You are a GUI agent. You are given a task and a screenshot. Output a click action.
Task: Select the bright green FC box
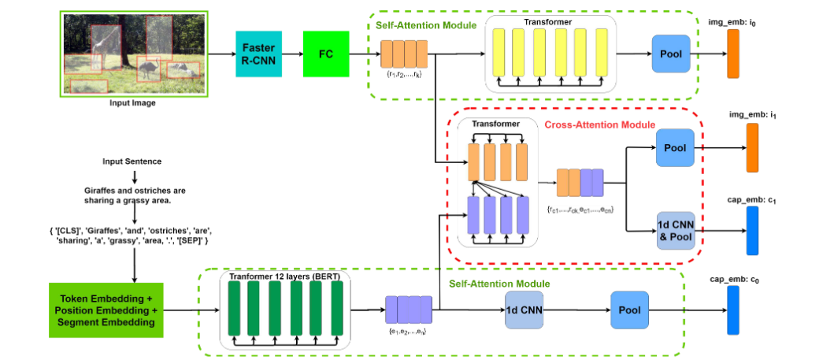pyautogui.click(x=325, y=54)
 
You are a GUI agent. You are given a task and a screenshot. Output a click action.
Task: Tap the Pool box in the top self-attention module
pyautogui.click(x=671, y=54)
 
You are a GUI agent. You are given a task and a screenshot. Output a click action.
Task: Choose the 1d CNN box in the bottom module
pyautogui.click(x=524, y=310)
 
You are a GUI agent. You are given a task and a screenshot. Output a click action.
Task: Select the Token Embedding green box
pyautogui.click(x=106, y=310)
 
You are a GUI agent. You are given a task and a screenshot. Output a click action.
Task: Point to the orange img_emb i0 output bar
pyautogui.click(x=732, y=54)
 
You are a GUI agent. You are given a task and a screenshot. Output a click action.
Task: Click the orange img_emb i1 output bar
pyautogui.click(x=751, y=147)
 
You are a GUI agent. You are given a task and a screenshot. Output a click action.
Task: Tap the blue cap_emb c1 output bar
pyautogui.click(x=751, y=231)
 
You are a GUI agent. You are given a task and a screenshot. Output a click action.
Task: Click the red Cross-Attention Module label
pyautogui.click(x=599, y=124)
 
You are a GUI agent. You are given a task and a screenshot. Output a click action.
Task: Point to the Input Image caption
pyautogui.click(x=132, y=103)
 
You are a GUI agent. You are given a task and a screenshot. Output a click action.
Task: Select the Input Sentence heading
pyautogui.click(x=132, y=161)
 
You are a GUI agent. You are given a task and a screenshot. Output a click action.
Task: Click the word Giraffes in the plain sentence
pyautogui.click(x=102, y=191)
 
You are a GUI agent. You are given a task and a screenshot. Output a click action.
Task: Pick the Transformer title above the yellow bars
pyautogui.click(x=551, y=22)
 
